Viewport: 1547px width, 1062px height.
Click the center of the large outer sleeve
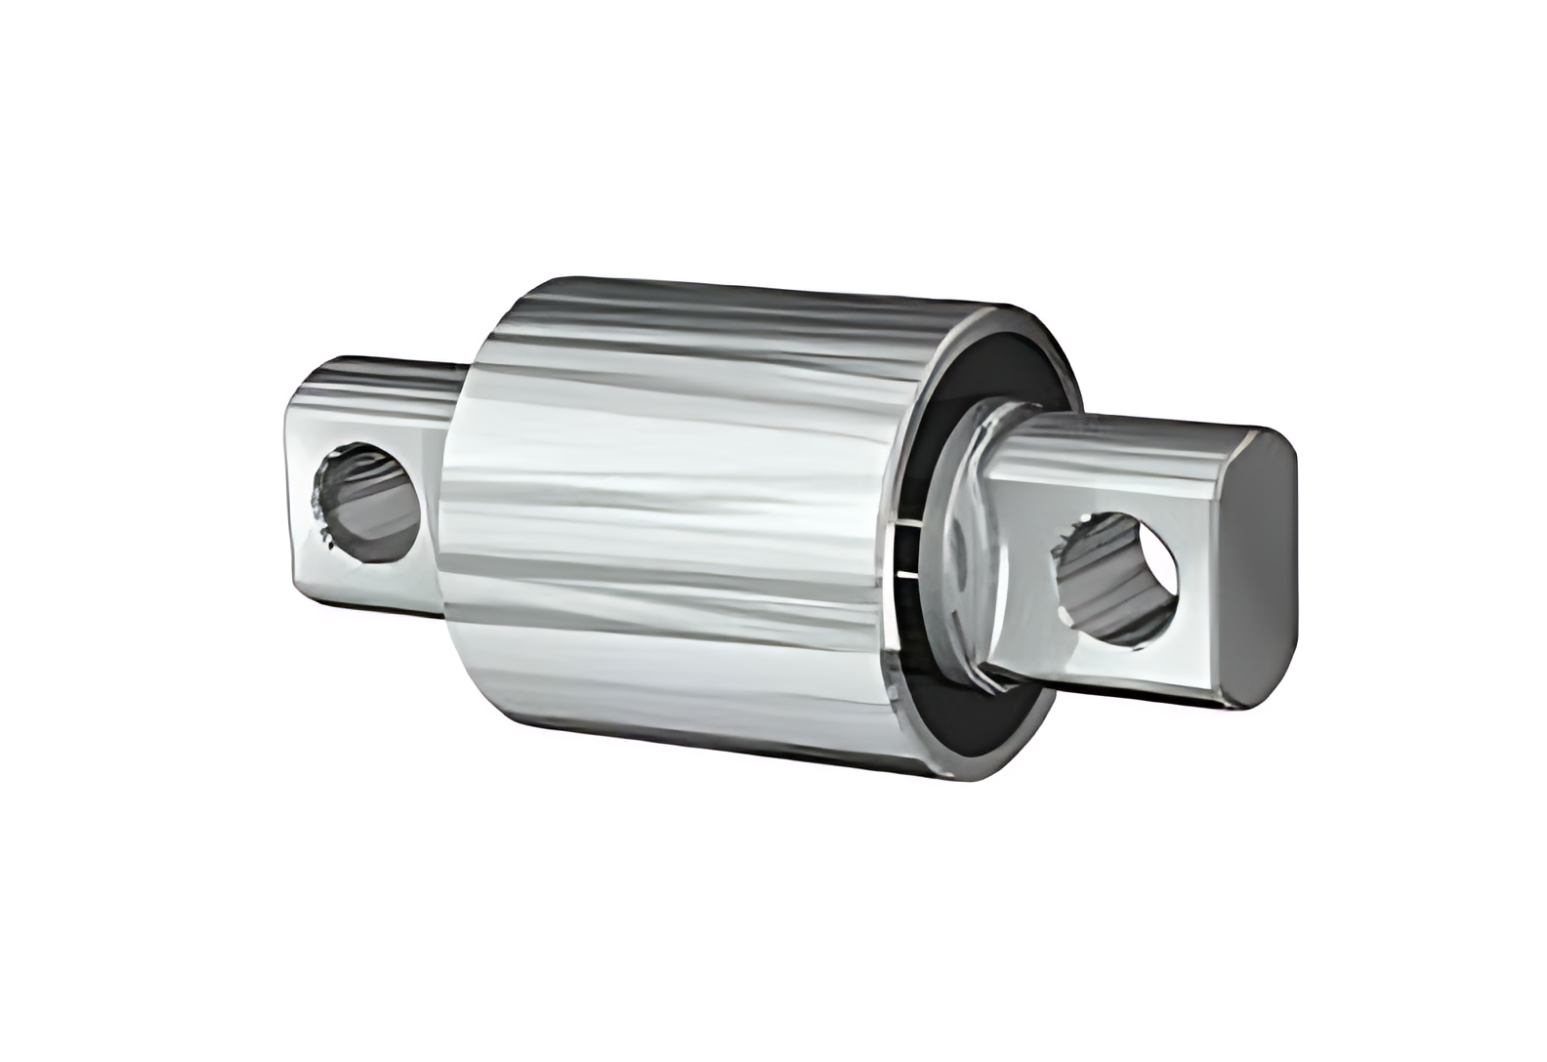pos(684,527)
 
